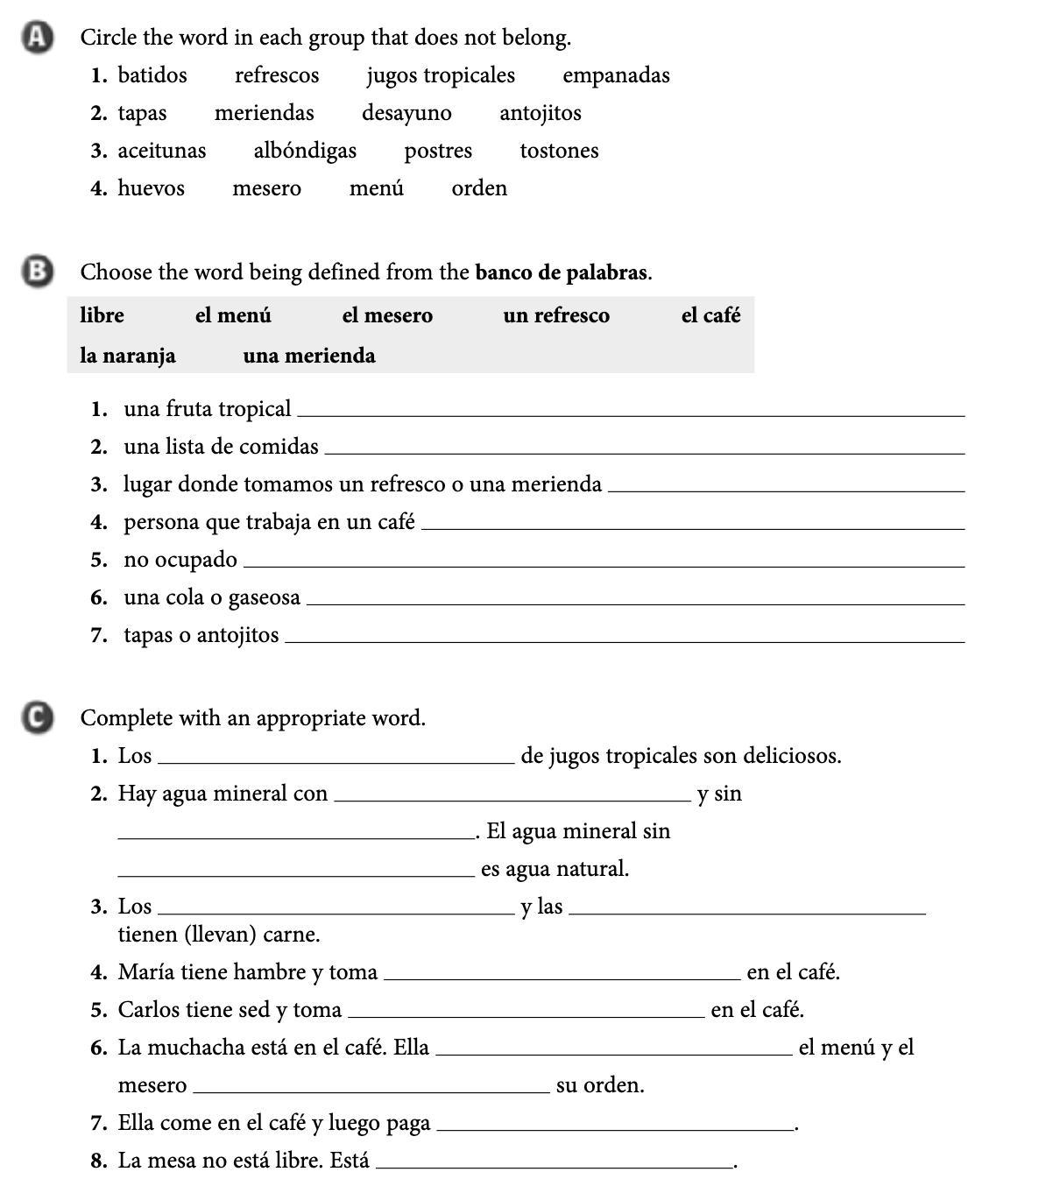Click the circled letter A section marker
pyautogui.click(x=36, y=38)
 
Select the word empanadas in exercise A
pyautogui.click(x=616, y=75)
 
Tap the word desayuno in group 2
pyautogui.click(x=406, y=113)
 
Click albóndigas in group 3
pyautogui.click(x=305, y=151)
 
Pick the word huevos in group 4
pyautogui.click(x=151, y=188)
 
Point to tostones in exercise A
pyautogui.click(x=559, y=151)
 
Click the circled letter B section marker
pyautogui.click(x=36, y=272)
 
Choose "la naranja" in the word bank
pyautogui.click(x=128, y=356)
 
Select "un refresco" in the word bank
pyautogui.click(x=556, y=315)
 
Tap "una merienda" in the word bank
pyautogui.click(x=309, y=356)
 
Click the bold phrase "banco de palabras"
pyautogui.click(x=561, y=272)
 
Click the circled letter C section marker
pyautogui.click(x=36, y=717)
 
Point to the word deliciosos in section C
pyautogui.click(x=792, y=756)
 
